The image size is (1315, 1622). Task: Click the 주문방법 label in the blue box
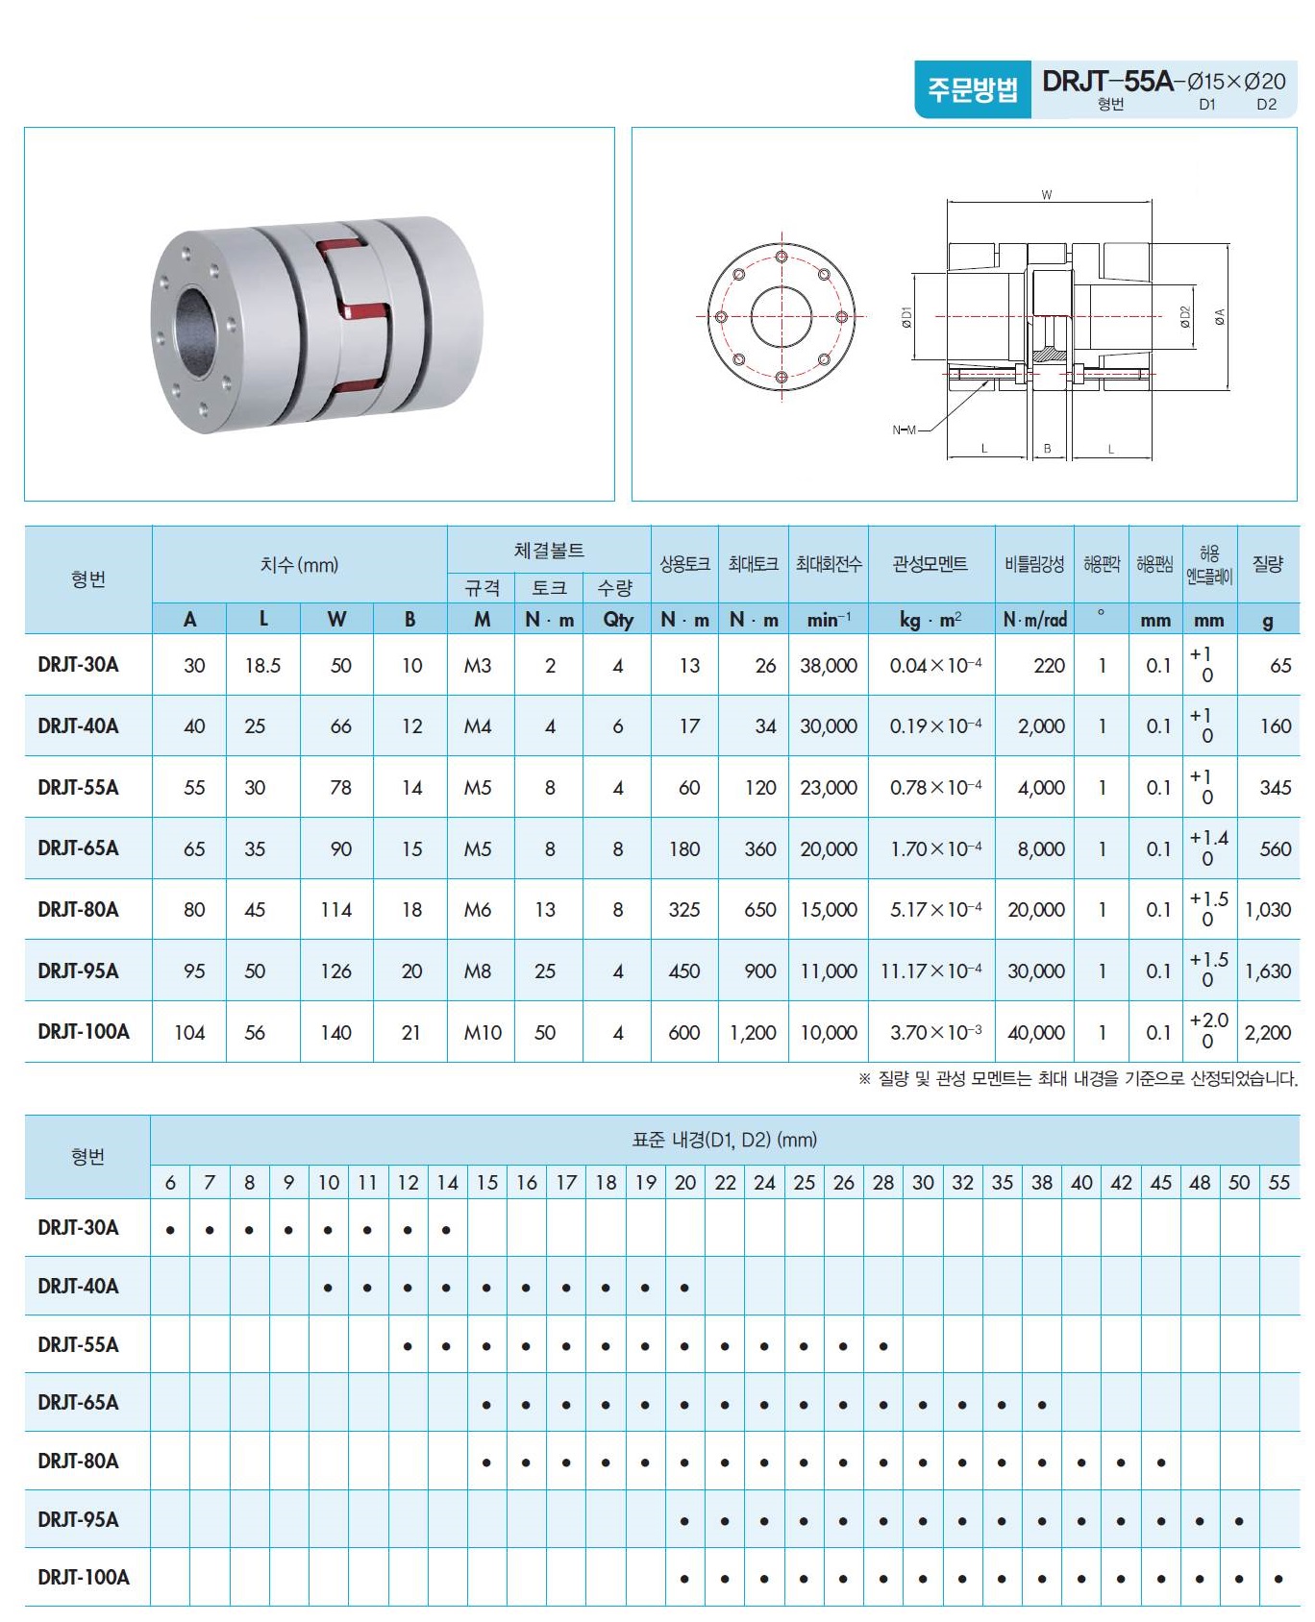point(972,89)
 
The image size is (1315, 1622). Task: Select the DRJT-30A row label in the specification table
point(78,664)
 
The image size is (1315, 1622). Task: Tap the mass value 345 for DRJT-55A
point(1275,788)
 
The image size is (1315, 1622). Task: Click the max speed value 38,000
point(828,665)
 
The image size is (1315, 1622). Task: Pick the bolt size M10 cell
point(483,1032)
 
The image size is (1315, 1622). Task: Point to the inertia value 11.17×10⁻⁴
point(930,971)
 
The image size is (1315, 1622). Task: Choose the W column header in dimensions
point(335,620)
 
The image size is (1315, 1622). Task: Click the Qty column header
point(617,620)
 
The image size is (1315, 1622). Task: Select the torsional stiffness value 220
point(1049,665)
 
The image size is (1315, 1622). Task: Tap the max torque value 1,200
point(753,1032)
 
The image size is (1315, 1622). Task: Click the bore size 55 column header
point(1278,1182)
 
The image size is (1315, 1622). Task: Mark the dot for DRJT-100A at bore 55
point(1278,1579)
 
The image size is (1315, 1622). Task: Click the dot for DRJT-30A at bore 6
point(170,1229)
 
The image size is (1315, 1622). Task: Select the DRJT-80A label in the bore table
point(78,1461)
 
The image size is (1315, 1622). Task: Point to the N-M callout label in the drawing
point(904,430)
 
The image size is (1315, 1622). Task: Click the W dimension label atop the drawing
point(1047,195)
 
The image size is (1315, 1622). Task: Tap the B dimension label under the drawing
point(1047,449)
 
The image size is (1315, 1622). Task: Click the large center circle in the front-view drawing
point(782,316)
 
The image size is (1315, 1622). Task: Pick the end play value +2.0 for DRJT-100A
point(1208,1020)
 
